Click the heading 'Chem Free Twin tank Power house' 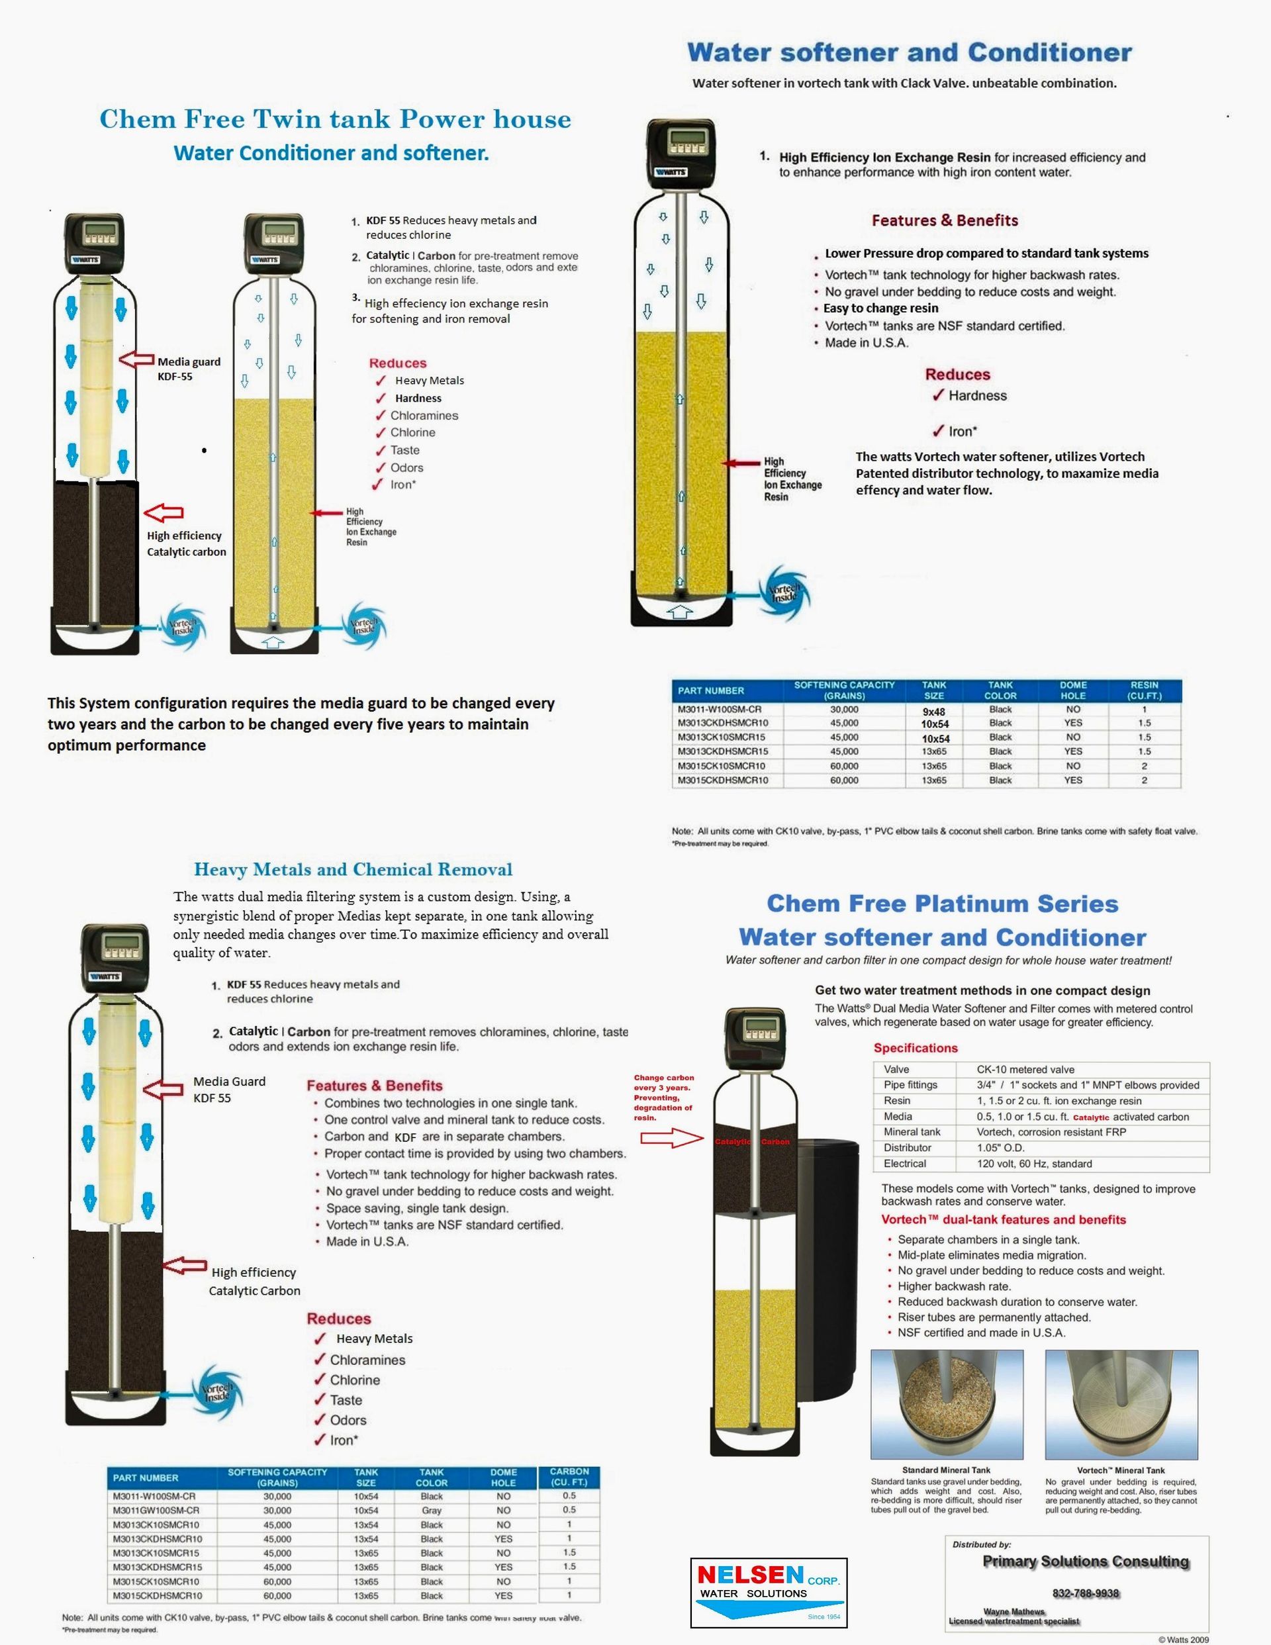(335, 119)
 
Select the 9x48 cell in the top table (933, 711)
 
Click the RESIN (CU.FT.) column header (1144, 690)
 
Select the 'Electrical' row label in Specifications (905, 1164)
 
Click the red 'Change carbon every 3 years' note (663, 1098)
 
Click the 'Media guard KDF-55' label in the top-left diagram (189, 369)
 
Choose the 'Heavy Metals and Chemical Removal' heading (353, 869)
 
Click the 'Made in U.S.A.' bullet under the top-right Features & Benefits (867, 343)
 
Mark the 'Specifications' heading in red (916, 1048)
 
